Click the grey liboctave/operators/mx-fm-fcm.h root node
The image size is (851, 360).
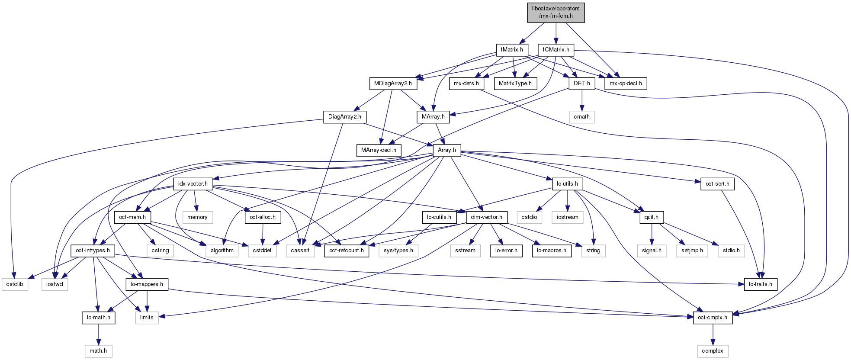pyautogui.click(x=556, y=12)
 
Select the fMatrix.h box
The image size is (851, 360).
pyautogui.click(x=512, y=50)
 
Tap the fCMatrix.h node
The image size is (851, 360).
pyautogui.click(x=556, y=50)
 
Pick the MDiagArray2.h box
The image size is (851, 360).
pyautogui.click(x=393, y=84)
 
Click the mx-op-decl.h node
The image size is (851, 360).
pyautogui.click(x=626, y=84)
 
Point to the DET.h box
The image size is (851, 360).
pyautogui.click(x=582, y=84)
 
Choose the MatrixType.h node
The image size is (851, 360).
pyautogui.click(x=515, y=84)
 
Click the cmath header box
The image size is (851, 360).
pyautogui.click(x=581, y=117)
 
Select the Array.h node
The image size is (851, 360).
pyautogui.click(x=446, y=150)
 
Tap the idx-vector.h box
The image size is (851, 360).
pyautogui.click(x=193, y=184)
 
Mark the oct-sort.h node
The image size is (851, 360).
pyautogui.click(x=717, y=184)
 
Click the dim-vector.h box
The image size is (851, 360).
pyautogui.click(x=486, y=217)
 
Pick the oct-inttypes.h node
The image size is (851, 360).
pyautogui.click(x=93, y=251)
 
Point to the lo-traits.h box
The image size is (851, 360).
pyautogui.click(x=760, y=284)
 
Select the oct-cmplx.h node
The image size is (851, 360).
pyautogui.click(x=713, y=318)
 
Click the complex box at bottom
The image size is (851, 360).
pyautogui.click(x=712, y=351)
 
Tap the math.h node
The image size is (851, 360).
pyautogui.click(x=98, y=351)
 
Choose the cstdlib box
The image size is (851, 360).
pyautogui.click(x=15, y=284)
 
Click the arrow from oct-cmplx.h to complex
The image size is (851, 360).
pyautogui.click(x=713, y=334)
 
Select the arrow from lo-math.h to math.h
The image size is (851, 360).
pyautogui.click(x=99, y=334)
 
